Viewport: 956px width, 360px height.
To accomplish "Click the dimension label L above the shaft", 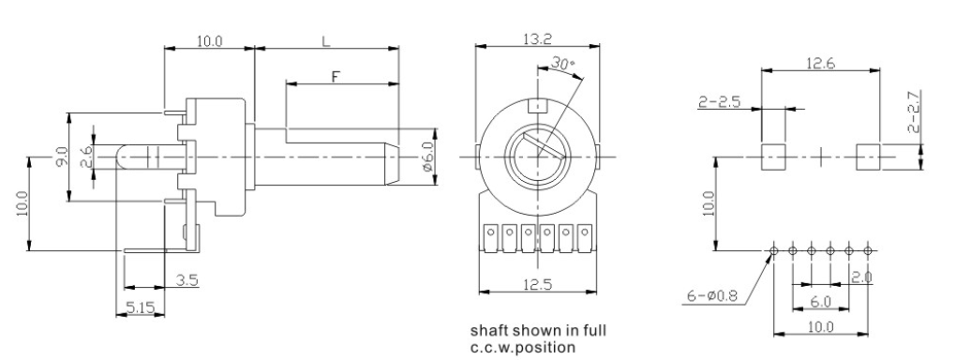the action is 326,41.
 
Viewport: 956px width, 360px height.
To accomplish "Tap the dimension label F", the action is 336,77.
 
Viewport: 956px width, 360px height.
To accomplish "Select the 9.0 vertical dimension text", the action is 77,157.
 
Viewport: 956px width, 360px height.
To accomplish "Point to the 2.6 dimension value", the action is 86,157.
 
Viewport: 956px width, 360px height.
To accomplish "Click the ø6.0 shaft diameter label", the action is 426,157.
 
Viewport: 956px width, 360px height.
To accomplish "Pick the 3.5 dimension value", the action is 187,280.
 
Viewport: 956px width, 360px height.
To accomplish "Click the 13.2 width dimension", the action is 537,39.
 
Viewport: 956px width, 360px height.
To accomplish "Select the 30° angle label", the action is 563,63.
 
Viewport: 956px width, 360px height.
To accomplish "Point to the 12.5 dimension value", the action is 538,285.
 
